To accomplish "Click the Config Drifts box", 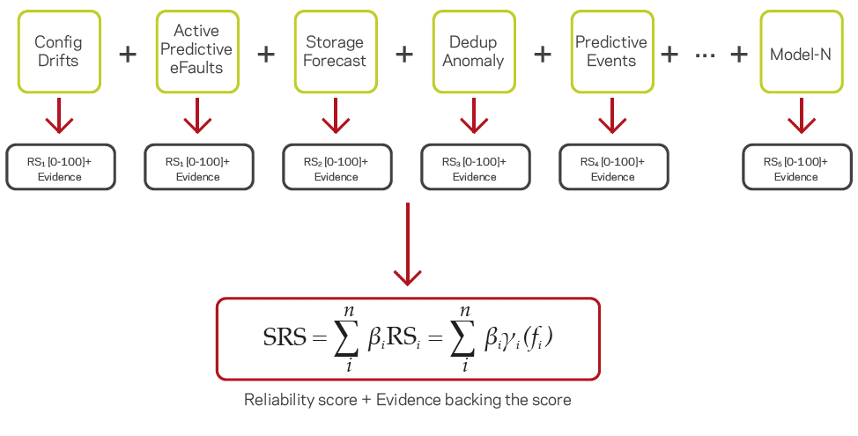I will tap(57, 52).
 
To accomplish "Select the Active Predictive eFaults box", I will tap(196, 52).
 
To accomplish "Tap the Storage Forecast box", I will tap(335, 52).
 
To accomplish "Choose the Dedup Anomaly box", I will tap(473, 52).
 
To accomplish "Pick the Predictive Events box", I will tap(611, 52).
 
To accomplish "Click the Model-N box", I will tap(800, 52).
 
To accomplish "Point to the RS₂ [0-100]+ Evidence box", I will tap(337, 167).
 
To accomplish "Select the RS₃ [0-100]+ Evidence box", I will tap(475, 167).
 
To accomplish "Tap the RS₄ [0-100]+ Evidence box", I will tap(613, 167).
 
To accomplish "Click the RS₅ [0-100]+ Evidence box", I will tap(796, 167).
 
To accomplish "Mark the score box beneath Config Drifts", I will tap(60, 167).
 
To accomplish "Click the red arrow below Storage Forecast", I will tap(335, 115).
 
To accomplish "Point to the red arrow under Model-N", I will tap(800, 115).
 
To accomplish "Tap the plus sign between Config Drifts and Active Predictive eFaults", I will tap(128, 54).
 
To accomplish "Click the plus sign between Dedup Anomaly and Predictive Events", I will tap(543, 54).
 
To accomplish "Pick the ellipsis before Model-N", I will tap(705, 55).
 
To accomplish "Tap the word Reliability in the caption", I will tap(277, 400).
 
